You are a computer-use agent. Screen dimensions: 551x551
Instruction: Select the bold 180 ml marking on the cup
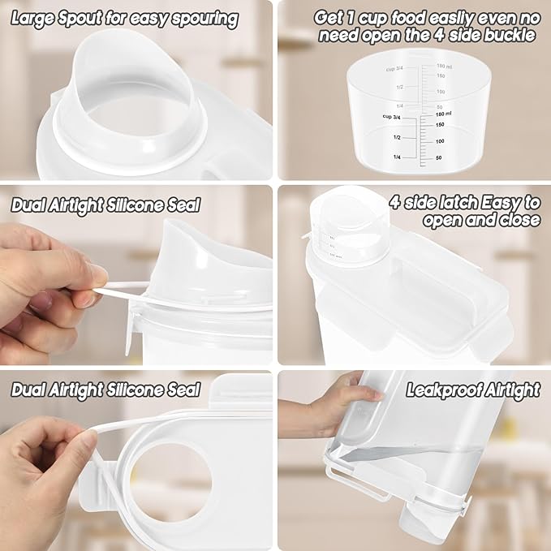tap(446, 114)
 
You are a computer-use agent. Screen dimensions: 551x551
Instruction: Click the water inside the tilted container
tap(422, 463)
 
